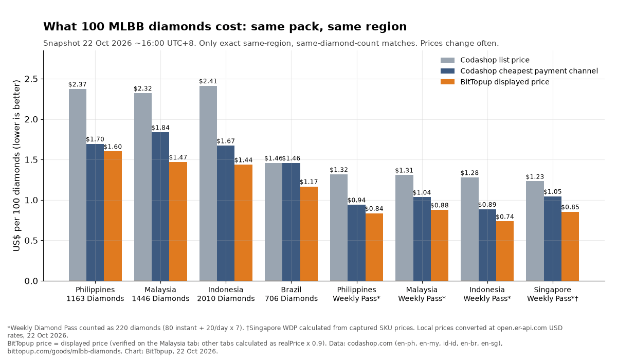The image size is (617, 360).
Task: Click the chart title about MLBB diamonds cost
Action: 225,27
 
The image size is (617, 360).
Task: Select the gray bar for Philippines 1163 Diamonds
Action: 78,185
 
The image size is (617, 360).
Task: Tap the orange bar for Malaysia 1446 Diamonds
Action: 178,222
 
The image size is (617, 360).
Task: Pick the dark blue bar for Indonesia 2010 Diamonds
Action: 226,213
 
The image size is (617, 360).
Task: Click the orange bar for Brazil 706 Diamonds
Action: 309,234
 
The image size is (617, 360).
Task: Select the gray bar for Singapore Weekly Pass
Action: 535,231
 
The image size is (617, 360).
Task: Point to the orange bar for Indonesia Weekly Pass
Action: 504,251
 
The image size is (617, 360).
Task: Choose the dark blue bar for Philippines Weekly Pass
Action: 356,243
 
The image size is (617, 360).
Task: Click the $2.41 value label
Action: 208,81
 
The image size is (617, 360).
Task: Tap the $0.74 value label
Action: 504,217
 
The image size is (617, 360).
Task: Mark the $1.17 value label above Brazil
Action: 309,182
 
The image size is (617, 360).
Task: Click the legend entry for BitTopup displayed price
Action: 495,82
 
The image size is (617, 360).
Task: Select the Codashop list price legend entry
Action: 485,60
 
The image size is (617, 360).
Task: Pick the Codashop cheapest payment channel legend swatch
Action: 447,71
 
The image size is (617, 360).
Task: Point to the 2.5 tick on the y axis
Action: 42,79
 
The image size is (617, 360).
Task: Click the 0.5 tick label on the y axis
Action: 31,241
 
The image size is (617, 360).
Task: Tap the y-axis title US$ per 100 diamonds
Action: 16,166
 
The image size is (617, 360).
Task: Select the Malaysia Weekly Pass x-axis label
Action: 422,294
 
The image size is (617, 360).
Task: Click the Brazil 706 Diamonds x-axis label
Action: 291,294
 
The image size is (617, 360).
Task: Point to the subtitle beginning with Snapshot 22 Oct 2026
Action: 271,44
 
